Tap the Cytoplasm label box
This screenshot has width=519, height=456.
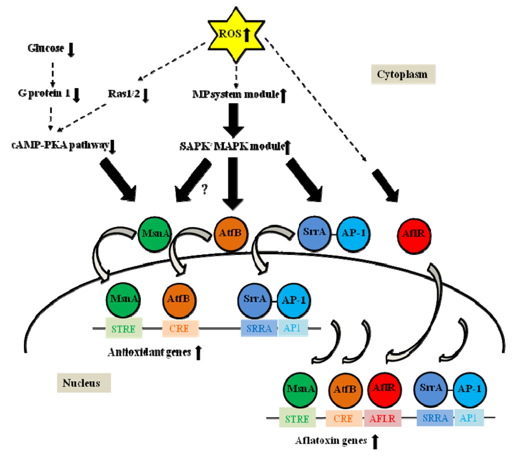click(402, 74)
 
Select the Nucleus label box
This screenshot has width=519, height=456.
click(83, 383)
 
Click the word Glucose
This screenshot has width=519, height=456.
click(46, 49)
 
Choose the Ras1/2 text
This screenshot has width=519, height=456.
click(124, 94)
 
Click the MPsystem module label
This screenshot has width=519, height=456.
click(235, 94)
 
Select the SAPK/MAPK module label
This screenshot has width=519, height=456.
click(230, 146)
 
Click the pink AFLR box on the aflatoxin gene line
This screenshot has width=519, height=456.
click(383, 419)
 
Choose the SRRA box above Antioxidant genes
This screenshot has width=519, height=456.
click(259, 328)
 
